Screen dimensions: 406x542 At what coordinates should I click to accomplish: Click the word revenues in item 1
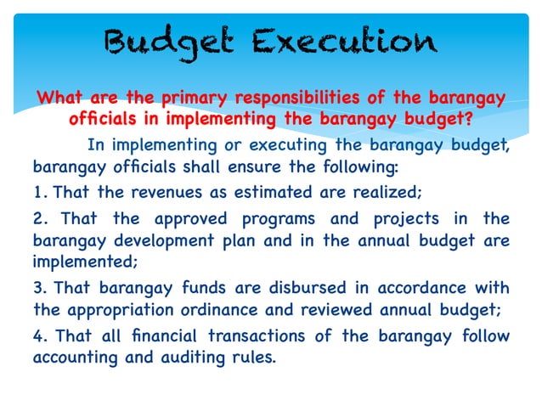[x=158, y=192]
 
